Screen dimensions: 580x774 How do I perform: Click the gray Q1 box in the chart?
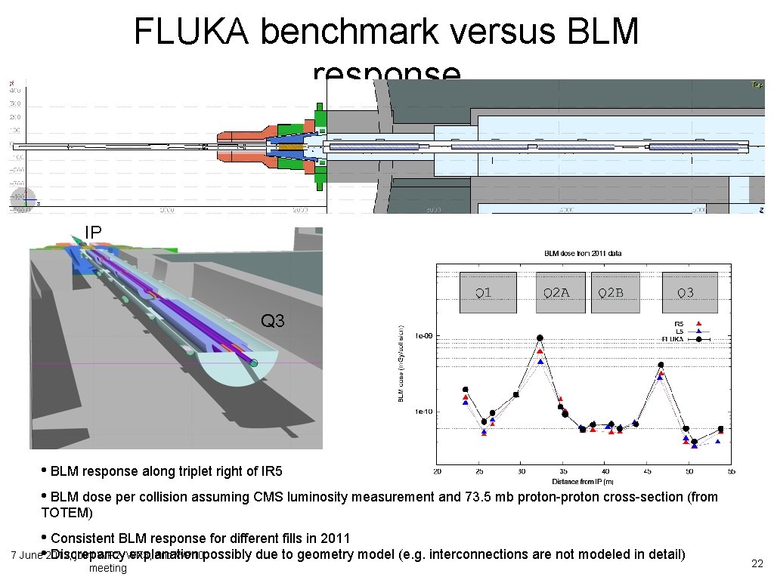click(488, 292)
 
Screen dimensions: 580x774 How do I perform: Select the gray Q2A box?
click(556, 292)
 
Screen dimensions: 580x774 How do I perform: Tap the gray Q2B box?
click(611, 292)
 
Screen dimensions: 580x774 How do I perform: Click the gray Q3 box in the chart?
click(686, 292)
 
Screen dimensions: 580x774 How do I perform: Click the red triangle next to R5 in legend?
click(699, 323)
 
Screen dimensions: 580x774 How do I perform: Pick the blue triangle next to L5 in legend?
click(699, 332)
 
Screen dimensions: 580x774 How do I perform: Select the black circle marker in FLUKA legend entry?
click(699, 340)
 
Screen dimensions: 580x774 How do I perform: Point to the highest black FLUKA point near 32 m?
click(540, 338)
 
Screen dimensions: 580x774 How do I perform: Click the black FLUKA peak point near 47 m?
click(661, 365)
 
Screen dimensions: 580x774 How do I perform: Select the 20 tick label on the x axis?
click(437, 472)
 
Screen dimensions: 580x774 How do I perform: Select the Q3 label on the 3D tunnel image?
click(272, 322)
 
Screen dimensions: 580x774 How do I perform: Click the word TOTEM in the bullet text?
click(67, 514)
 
